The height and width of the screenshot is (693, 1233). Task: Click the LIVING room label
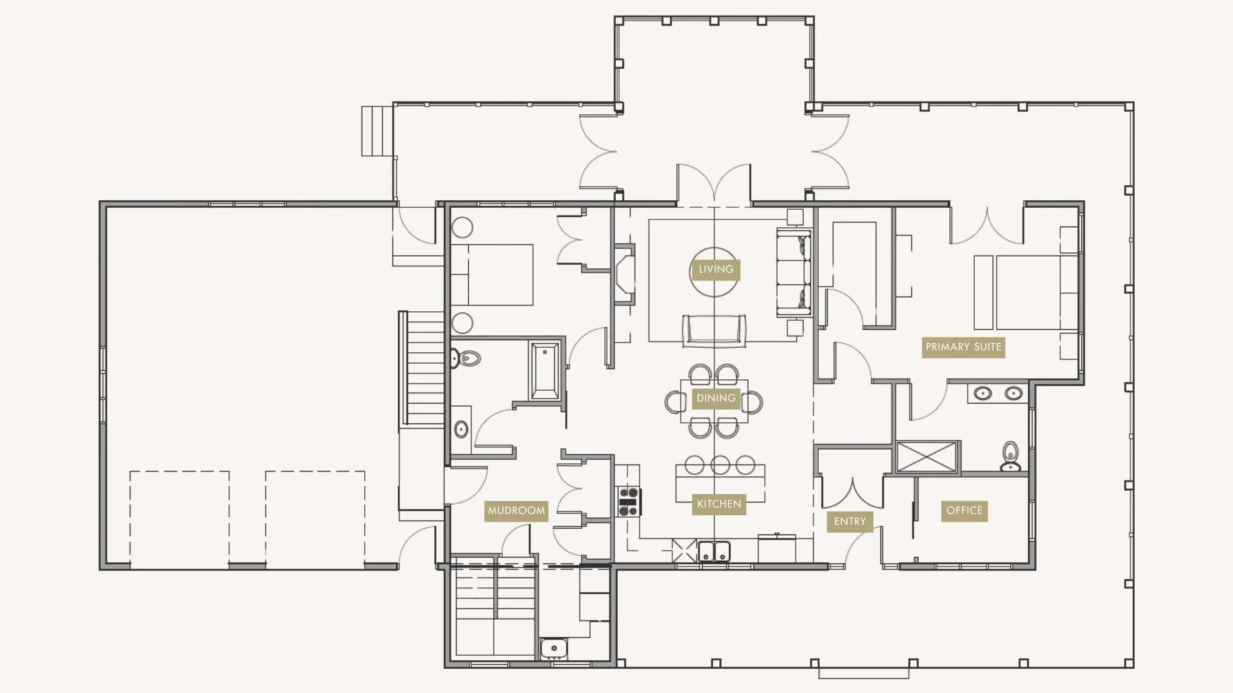pos(715,269)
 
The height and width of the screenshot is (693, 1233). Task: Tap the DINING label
pos(715,398)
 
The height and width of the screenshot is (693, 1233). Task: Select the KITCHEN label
pos(719,504)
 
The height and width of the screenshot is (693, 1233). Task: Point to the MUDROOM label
pos(516,511)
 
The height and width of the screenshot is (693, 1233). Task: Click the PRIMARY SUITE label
pos(963,347)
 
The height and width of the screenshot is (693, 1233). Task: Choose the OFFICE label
pos(964,511)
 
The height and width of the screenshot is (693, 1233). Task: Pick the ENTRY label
pos(850,522)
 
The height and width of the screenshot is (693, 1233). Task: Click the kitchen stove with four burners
pos(629,501)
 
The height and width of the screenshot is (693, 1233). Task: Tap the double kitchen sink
pos(714,551)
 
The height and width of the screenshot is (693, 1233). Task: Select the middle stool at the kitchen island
pos(720,465)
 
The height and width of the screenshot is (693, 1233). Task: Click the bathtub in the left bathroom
pos(545,370)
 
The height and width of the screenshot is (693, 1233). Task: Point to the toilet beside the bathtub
pos(466,358)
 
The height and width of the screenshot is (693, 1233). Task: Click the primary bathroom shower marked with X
pos(927,457)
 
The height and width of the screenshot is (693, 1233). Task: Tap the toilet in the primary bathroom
pos(1010,456)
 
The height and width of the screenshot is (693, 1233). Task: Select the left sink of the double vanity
pos(983,393)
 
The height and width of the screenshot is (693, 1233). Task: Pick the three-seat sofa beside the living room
pos(793,272)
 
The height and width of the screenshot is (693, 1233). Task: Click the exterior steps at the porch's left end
pos(377,131)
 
